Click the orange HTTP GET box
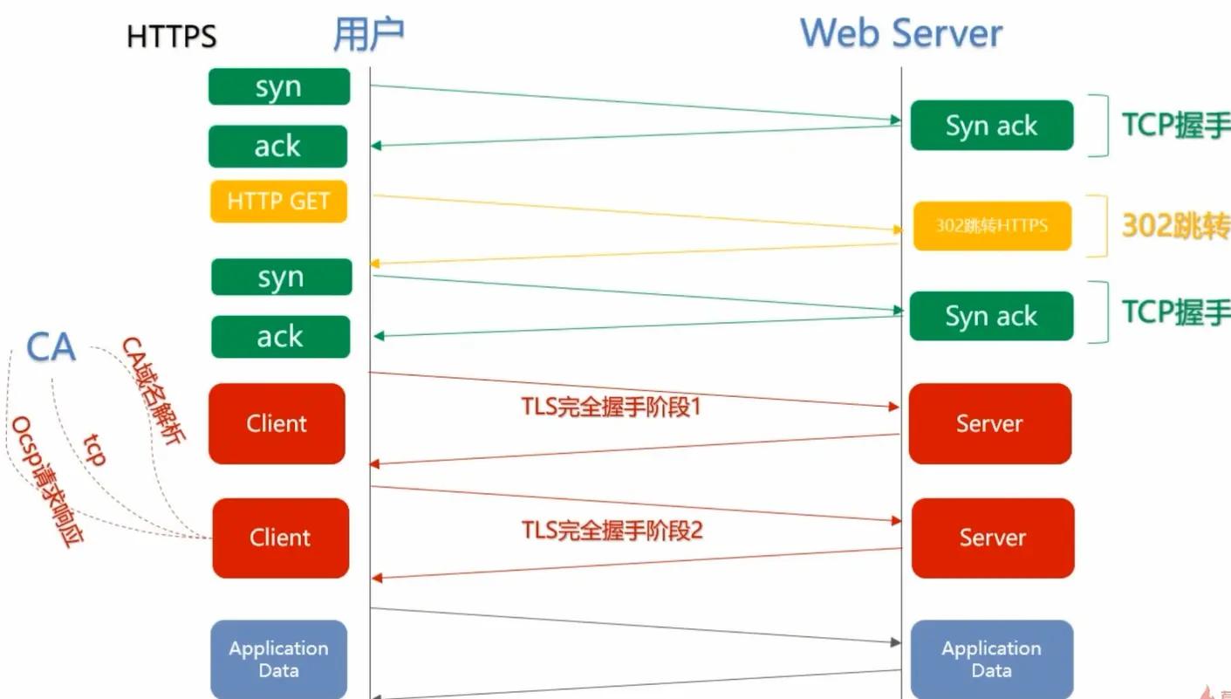[278, 202]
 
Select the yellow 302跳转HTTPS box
[992, 226]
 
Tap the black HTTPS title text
[172, 37]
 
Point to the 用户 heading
[368, 34]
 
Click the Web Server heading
[901, 33]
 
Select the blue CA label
[51, 347]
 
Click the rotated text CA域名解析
[154, 393]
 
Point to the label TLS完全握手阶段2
[612, 530]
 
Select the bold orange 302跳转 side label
[1174, 226]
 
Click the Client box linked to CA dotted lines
[280, 538]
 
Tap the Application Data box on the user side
[278, 659]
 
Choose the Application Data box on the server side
[991, 659]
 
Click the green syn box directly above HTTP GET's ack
[279, 87]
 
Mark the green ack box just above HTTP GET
[277, 147]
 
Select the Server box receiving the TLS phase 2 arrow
[993, 538]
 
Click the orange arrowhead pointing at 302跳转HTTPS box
[898, 230]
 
